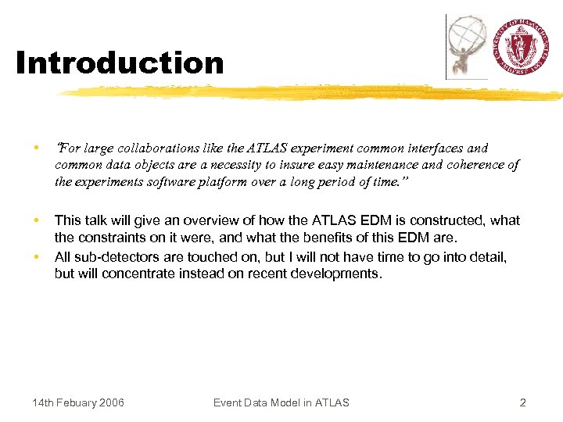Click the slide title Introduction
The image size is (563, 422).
click(x=120, y=63)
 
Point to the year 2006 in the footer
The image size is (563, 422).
click(x=111, y=402)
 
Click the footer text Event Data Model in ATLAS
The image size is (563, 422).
click(x=281, y=402)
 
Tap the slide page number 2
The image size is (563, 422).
click(x=522, y=402)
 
